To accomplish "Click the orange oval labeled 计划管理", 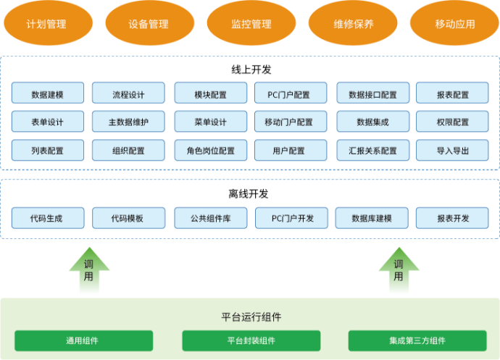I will pos(46,23).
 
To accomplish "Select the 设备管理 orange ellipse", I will pos(149,23).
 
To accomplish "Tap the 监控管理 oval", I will pos(251,23).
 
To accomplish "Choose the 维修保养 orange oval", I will pos(354,23).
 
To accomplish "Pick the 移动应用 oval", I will pos(455,23).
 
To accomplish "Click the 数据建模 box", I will pos(48,94).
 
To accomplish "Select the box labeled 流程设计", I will pos(128,94).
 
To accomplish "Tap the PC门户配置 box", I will pos(288,94).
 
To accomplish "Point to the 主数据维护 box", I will pos(128,122).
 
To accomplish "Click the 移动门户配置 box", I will pos(288,122).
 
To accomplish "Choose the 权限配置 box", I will pos(453,122).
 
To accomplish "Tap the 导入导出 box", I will pos(453,151).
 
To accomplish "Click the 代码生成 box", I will pos(48,217).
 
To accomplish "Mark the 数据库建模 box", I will pos(372,217).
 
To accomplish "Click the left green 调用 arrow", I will pos(89,270).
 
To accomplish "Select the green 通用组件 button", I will pos(83,340).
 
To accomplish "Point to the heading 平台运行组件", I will pos(251,317).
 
